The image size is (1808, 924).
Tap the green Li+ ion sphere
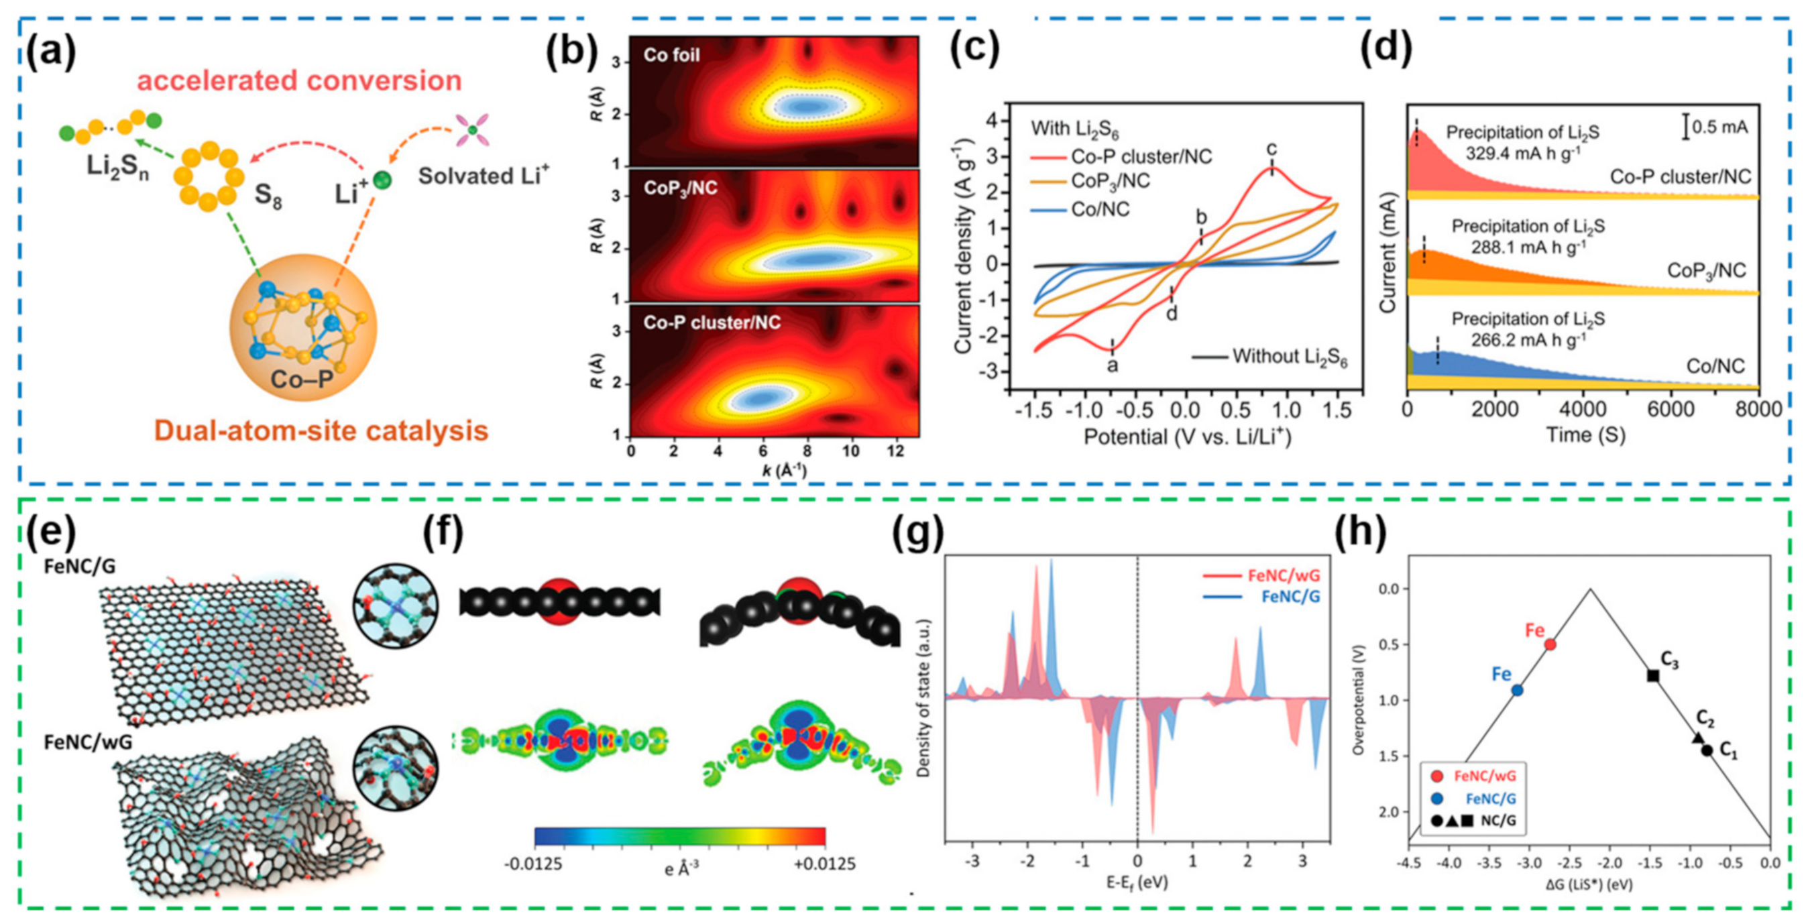[x=381, y=180]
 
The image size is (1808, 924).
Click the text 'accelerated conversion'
[x=299, y=80]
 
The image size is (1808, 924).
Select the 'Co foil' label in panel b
[x=671, y=55]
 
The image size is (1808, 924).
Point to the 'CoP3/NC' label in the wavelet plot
[x=680, y=188]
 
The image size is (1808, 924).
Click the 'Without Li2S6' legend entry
[x=1290, y=357]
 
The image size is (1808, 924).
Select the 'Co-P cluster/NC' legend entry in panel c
[x=1141, y=156]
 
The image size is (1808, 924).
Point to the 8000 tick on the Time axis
[x=1758, y=410]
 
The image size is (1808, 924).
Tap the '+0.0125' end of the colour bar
[x=824, y=864]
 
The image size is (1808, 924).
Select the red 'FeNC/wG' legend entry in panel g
[x=1283, y=575]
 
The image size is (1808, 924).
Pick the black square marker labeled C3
[x=1653, y=676]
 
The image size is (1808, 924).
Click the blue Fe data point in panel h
[x=1517, y=691]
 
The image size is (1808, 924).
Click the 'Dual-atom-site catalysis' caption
[x=321, y=430]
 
